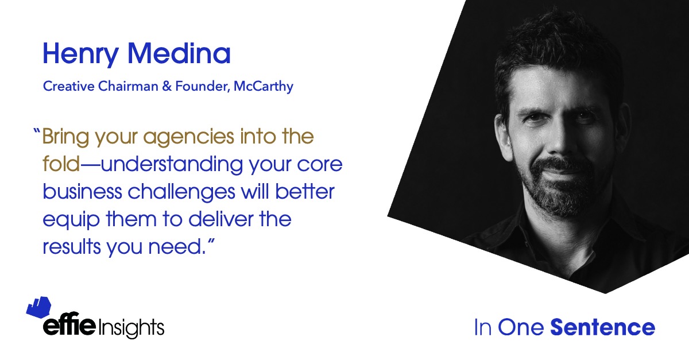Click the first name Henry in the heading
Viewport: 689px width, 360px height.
point(80,54)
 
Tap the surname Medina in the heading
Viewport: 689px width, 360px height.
point(179,53)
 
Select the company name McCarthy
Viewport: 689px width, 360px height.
point(264,87)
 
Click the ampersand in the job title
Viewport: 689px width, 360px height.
point(167,86)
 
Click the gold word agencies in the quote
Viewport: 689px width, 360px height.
point(189,137)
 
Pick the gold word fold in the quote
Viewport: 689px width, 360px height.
point(61,164)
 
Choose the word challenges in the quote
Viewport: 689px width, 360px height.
point(181,192)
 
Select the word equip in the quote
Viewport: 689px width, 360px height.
point(71,220)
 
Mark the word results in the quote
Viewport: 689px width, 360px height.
point(72,246)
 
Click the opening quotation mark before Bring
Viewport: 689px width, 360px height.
point(37,131)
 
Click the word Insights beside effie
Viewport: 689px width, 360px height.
point(131,328)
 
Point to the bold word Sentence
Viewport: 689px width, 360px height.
point(602,327)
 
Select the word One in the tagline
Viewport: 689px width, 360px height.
point(521,327)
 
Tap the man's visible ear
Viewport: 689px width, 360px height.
point(503,136)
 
